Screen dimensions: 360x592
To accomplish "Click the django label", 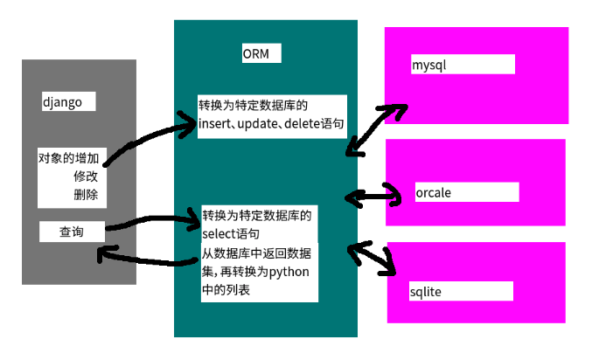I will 62,102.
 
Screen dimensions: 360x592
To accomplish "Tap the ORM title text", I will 256,54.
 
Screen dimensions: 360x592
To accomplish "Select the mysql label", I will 429,65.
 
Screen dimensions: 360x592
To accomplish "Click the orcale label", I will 434,192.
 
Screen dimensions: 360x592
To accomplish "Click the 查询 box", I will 72,232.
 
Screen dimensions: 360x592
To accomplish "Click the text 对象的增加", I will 67,159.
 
